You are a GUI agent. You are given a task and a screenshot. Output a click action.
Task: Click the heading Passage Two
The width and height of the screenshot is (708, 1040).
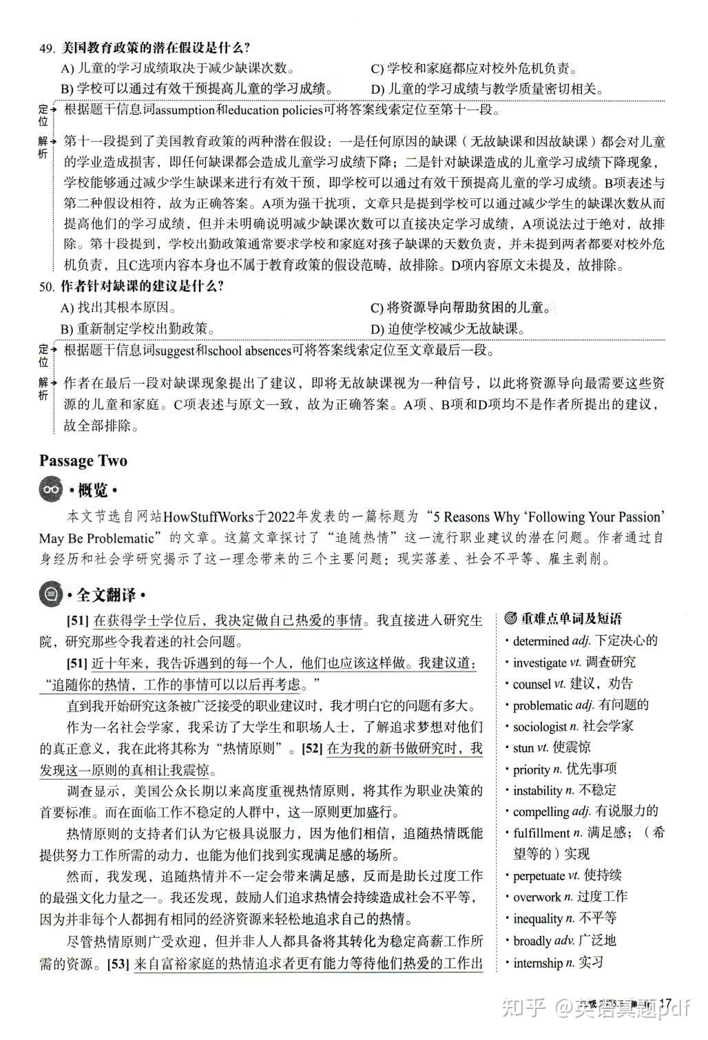coord(83,461)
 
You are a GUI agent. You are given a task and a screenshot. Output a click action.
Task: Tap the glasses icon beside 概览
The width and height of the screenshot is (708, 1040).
coord(51,490)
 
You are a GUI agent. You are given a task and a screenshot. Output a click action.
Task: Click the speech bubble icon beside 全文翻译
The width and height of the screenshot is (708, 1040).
coord(51,594)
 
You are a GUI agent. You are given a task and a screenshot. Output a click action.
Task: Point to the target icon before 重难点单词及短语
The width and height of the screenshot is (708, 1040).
coord(510,619)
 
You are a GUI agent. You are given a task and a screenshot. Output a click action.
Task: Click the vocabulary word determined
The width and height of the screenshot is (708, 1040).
coord(541,641)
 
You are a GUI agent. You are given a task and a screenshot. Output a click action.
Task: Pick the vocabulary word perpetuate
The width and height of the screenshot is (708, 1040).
coord(538,876)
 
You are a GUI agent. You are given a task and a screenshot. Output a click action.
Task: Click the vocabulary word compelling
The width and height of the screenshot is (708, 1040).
coord(541,811)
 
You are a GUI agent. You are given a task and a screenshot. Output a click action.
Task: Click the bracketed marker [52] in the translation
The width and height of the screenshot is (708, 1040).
coord(312,749)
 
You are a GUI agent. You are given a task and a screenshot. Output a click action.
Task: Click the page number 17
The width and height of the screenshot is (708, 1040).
coord(665,1003)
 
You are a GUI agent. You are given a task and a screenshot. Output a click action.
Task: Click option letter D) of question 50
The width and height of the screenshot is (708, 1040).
coord(377,329)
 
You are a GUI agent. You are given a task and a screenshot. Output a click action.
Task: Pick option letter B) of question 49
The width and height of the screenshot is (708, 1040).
coord(67,90)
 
